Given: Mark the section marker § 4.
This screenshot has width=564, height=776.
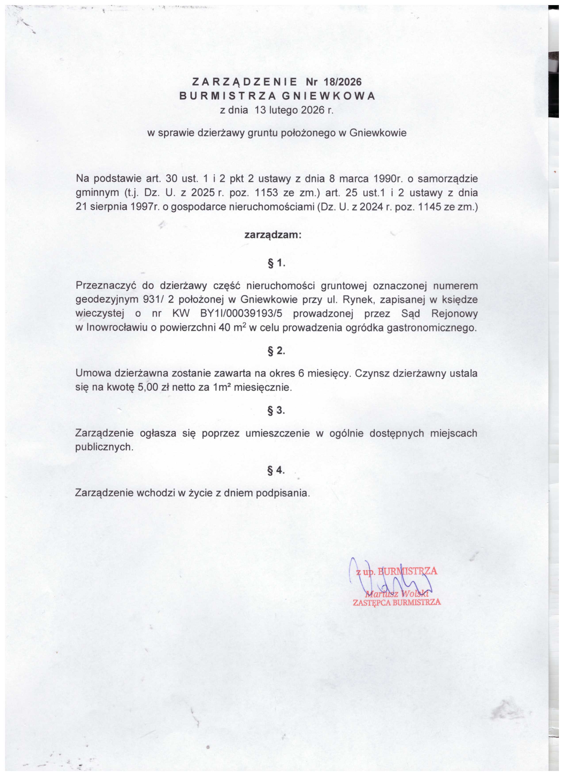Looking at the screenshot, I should [276, 470].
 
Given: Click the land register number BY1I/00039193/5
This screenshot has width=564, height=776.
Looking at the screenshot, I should [241, 313].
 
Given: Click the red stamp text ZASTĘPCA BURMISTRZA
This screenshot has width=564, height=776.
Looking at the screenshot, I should [397, 602].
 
